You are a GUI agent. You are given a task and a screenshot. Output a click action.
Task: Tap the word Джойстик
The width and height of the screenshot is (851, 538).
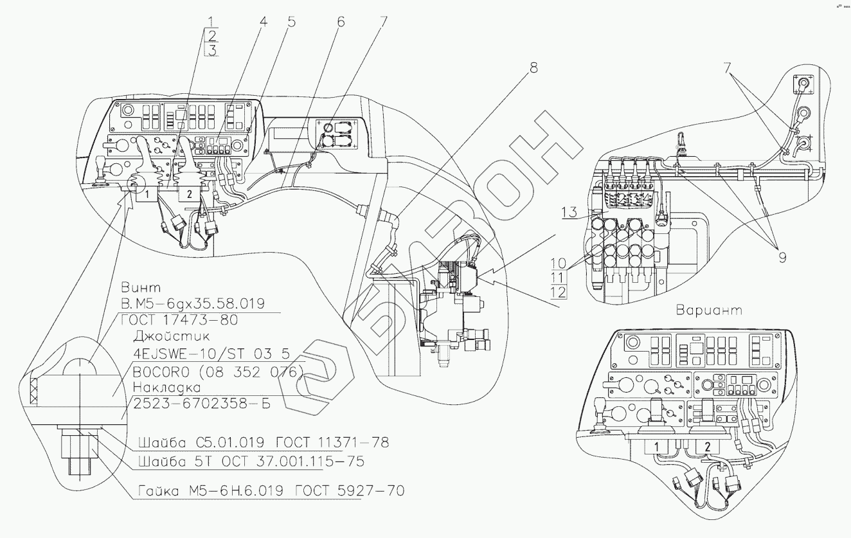click(x=161, y=336)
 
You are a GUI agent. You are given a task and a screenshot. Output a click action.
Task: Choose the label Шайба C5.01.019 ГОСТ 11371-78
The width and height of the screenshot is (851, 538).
click(x=263, y=444)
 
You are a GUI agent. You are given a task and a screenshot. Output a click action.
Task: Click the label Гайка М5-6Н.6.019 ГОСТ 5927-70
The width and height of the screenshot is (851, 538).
click(x=271, y=492)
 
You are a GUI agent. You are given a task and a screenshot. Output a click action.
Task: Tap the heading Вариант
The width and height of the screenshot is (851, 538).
click(x=709, y=310)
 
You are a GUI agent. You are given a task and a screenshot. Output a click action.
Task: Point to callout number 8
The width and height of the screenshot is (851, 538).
click(x=532, y=67)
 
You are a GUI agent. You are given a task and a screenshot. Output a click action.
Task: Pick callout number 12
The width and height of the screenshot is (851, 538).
click(x=559, y=292)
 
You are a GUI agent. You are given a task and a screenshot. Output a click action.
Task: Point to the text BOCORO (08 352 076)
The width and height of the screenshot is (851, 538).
click(x=217, y=371)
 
